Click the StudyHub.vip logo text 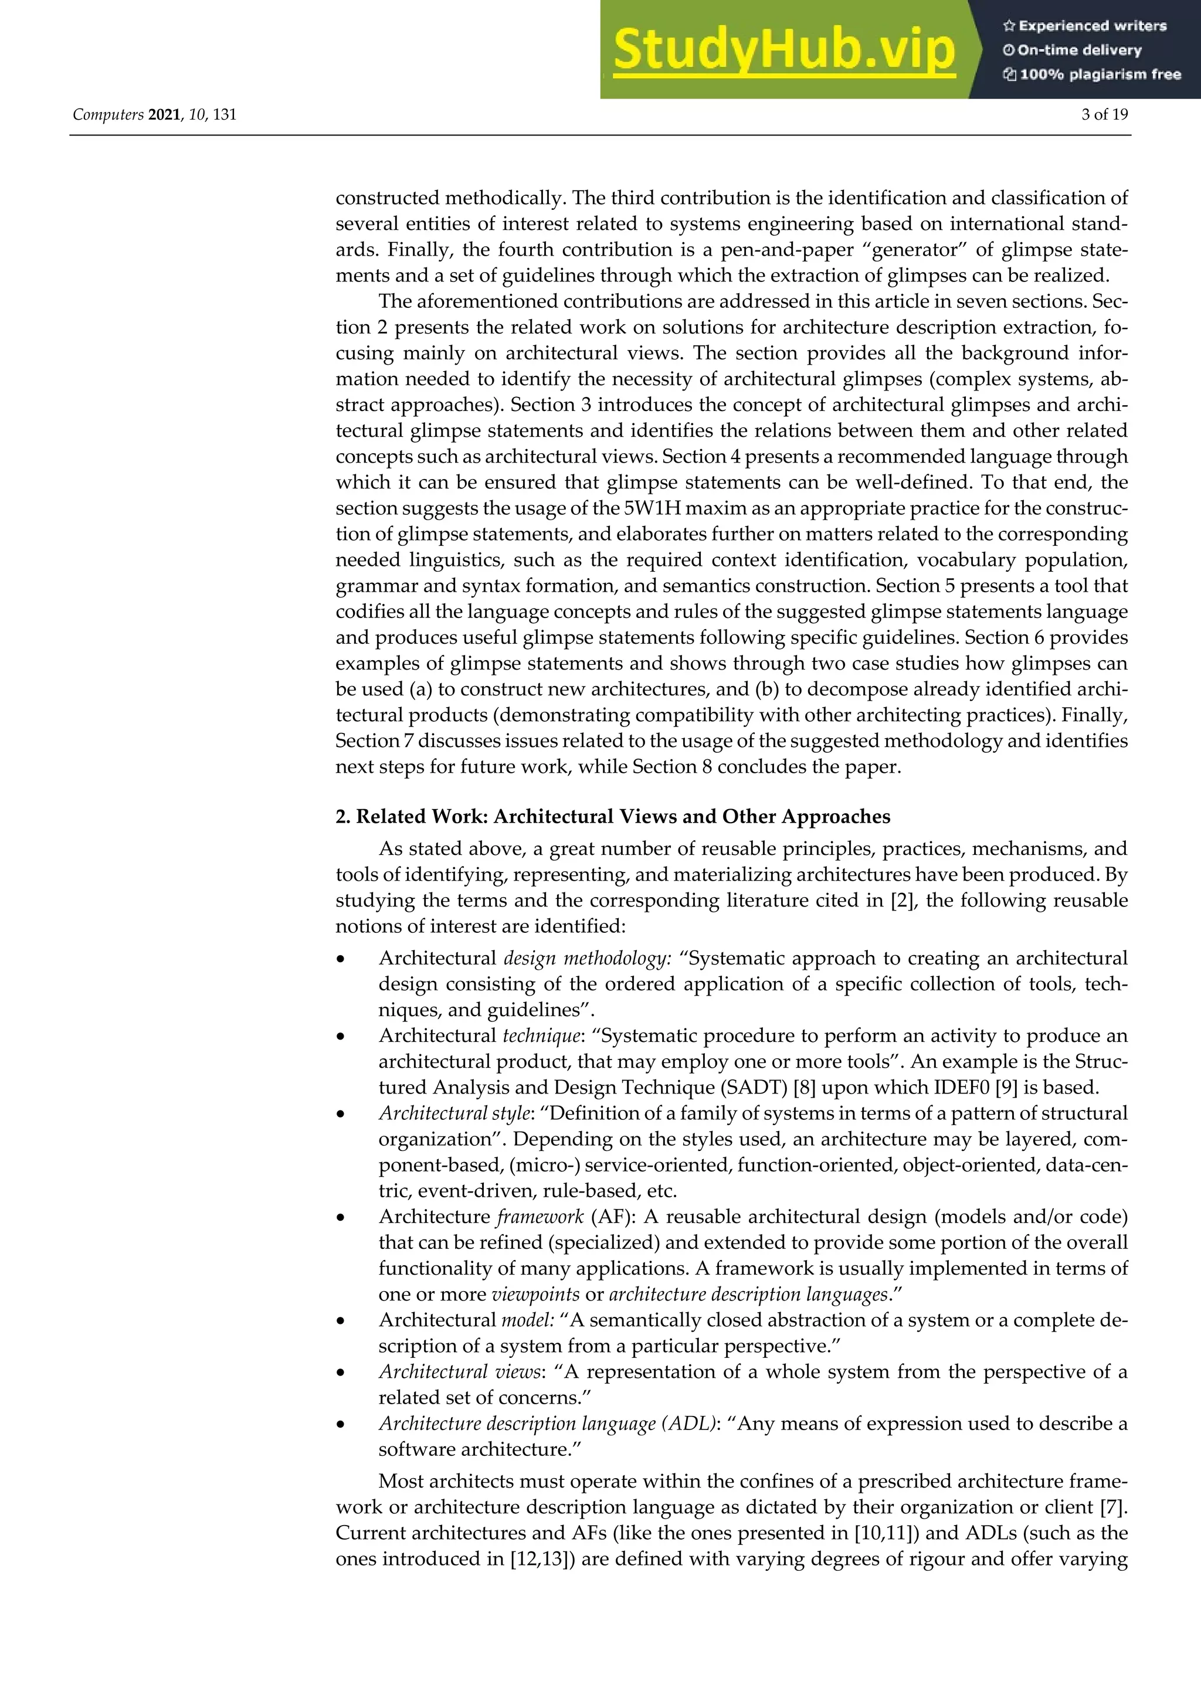point(784,50)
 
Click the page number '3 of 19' point(1104,115)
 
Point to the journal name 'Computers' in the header point(108,115)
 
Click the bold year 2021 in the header point(164,115)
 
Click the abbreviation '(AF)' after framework point(608,1217)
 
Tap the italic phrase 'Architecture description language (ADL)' point(547,1424)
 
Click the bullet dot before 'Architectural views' point(341,1373)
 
